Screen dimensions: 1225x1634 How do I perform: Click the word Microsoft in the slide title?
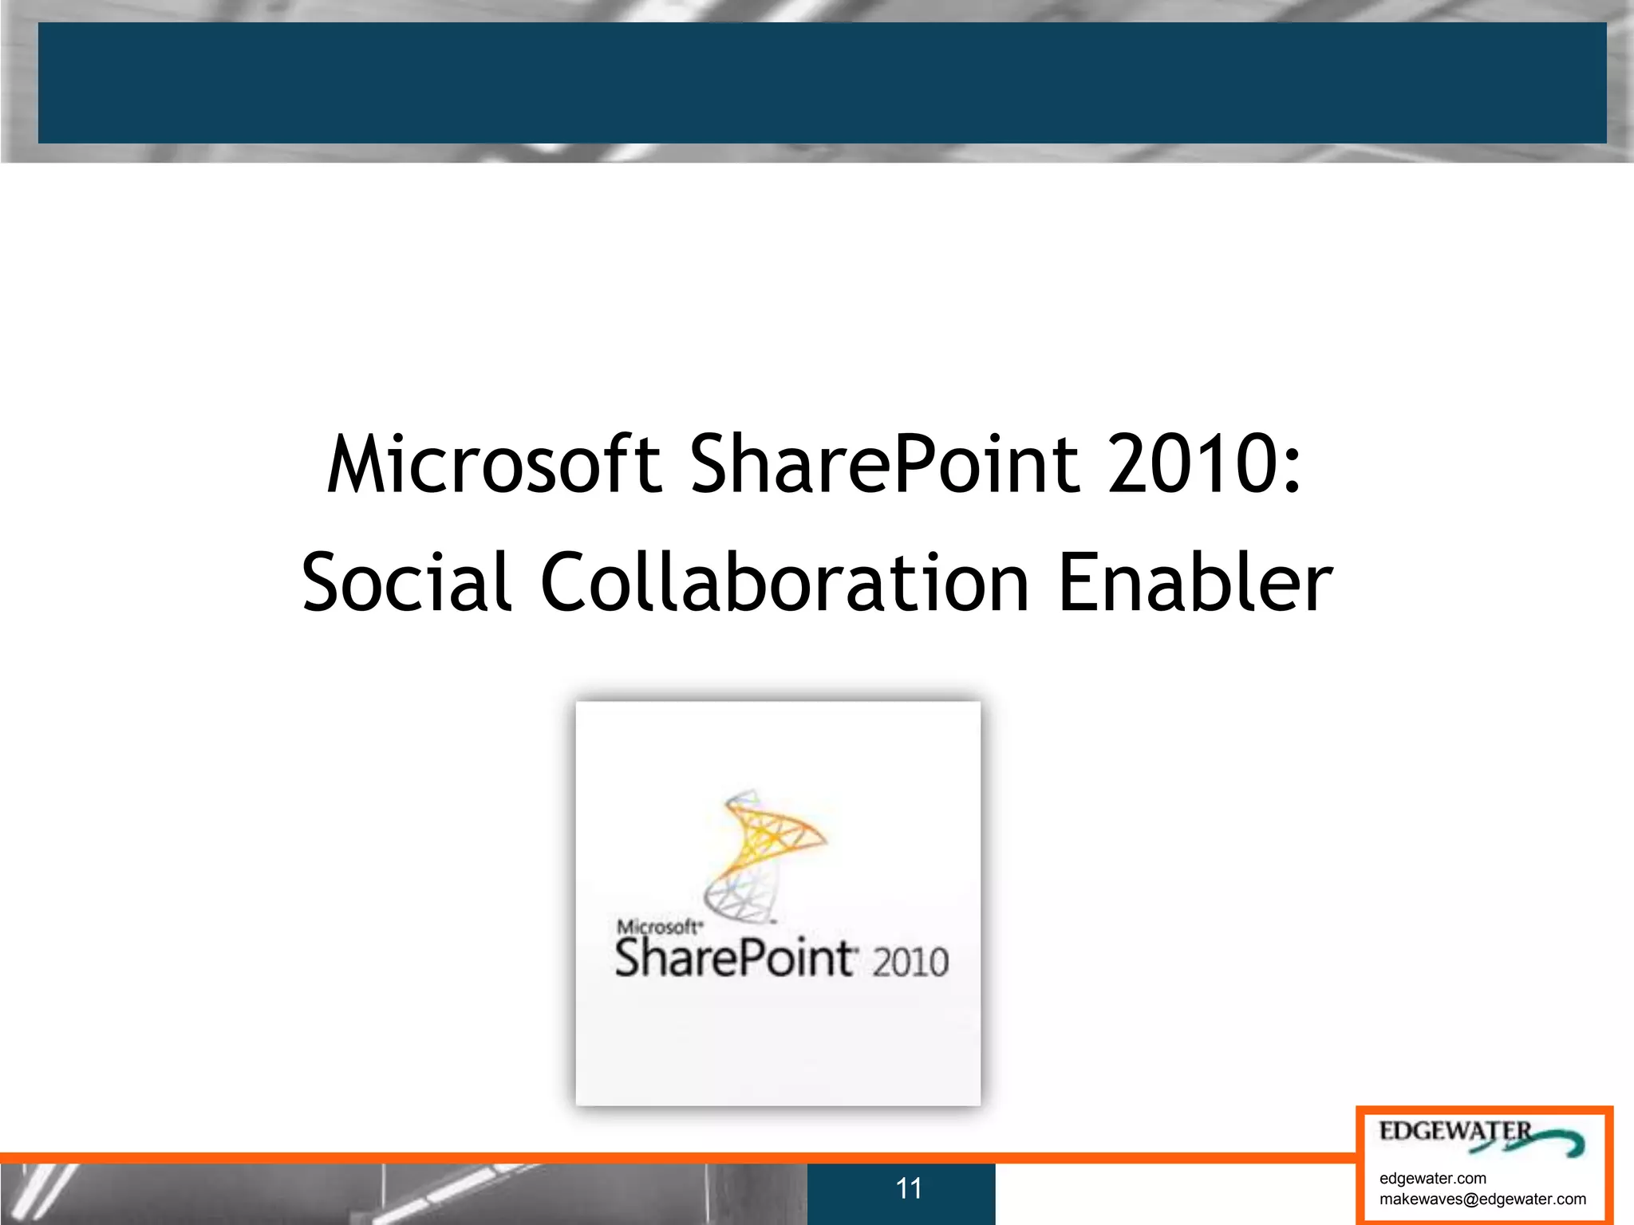494,464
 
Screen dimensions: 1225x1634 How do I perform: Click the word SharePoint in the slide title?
883,464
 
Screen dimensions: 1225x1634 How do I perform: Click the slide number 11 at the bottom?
909,1188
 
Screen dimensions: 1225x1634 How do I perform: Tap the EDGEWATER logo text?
1455,1132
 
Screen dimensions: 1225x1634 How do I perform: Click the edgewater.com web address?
1433,1178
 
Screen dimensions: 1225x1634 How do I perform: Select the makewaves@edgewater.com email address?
1482,1199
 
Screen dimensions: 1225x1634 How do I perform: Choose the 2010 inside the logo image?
910,961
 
